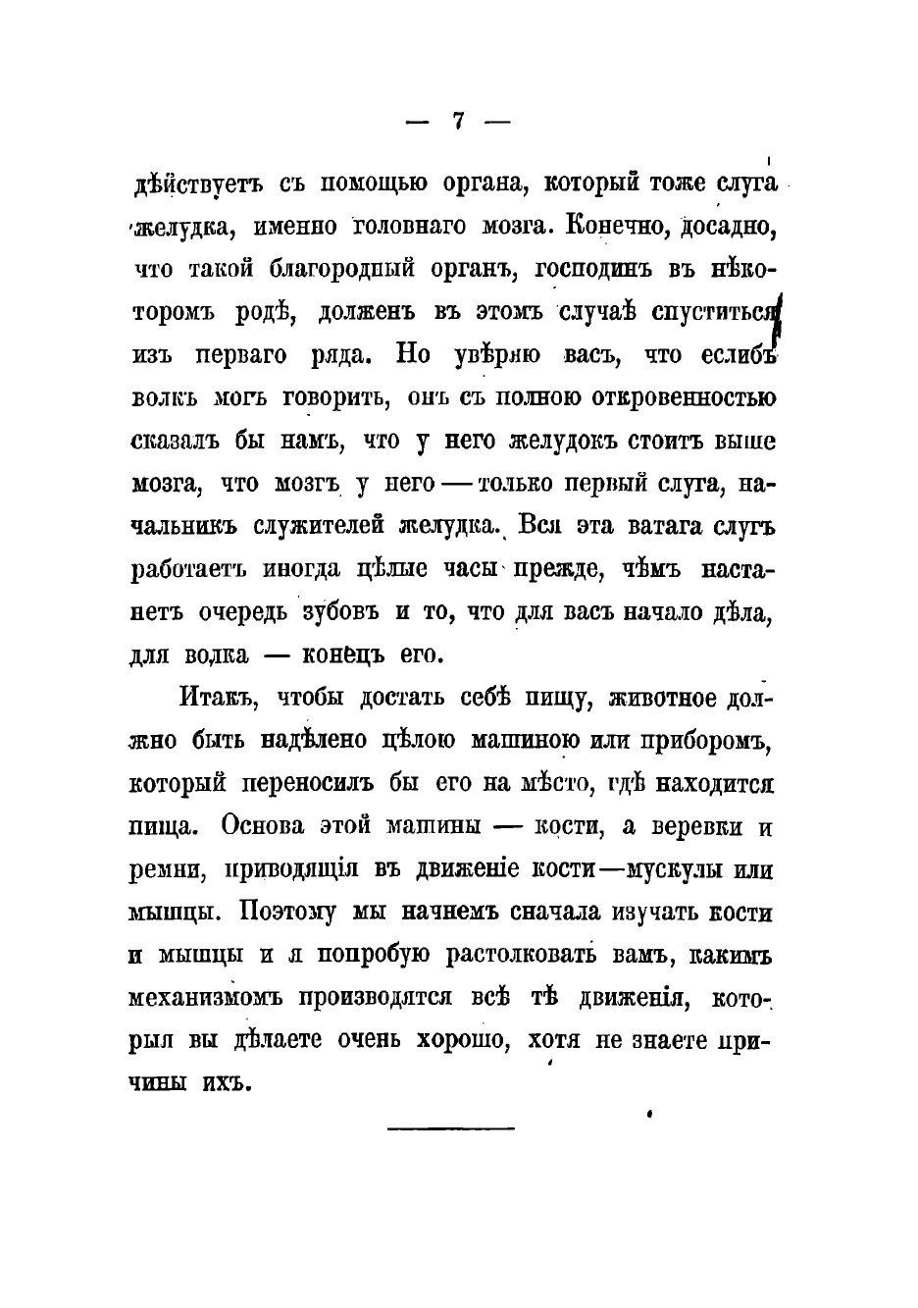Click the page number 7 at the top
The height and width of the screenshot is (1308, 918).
457,122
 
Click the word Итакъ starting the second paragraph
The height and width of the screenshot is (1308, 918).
217,698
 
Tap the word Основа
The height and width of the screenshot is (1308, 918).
263,826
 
